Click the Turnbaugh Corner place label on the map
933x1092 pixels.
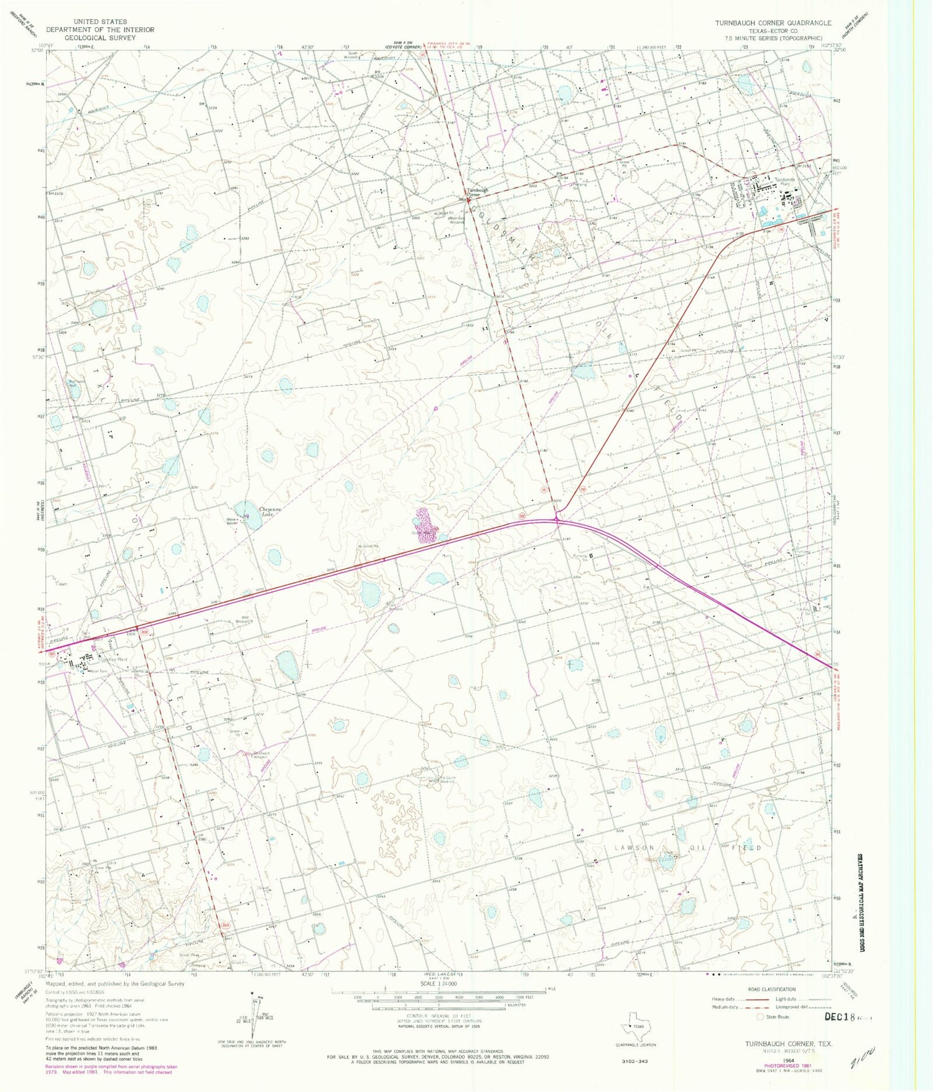[478, 191]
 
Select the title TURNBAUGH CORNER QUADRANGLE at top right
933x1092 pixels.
[773, 23]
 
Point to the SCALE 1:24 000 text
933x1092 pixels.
[439, 983]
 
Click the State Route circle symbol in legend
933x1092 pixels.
[760, 1017]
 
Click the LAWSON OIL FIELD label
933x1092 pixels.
[688, 848]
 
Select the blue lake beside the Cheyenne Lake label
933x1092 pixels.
[251, 516]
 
